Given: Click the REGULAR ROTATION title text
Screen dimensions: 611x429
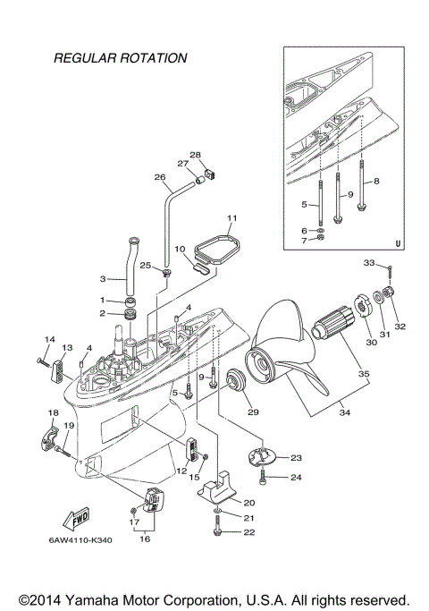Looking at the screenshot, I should point(120,58).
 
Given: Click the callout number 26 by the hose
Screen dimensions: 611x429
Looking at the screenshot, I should point(161,177).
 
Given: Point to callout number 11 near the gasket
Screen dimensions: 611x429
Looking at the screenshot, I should point(231,217).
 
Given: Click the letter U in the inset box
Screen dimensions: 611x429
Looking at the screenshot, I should point(398,242).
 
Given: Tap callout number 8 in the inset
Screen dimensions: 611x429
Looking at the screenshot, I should point(376,181).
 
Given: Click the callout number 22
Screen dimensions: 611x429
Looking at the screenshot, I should point(248,532).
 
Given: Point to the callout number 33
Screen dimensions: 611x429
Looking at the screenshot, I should point(369,263).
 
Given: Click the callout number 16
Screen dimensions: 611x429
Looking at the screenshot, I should point(146,539).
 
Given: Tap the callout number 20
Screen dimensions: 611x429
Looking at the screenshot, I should point(249,503).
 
